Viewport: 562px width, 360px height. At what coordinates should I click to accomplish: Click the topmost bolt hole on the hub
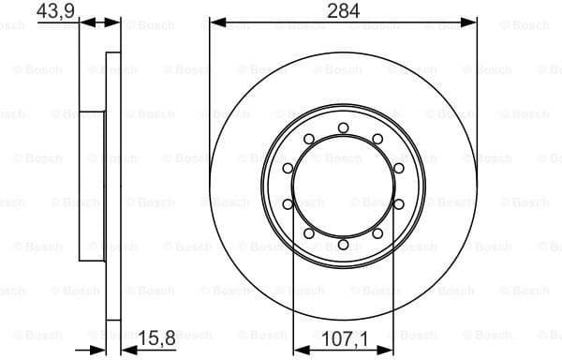pyautogui.click(x=343, y=127)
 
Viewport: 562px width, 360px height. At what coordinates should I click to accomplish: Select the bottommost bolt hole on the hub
pyautogui.click(x=343, y=245)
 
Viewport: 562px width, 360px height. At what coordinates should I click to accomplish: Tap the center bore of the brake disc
pyautogui.click(x=343, y=186)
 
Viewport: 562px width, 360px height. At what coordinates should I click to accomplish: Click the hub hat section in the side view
pyautogui.click(x=92, y=186)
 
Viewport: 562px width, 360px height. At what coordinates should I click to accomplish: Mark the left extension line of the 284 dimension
pyautogui.click(x=210, y=94)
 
